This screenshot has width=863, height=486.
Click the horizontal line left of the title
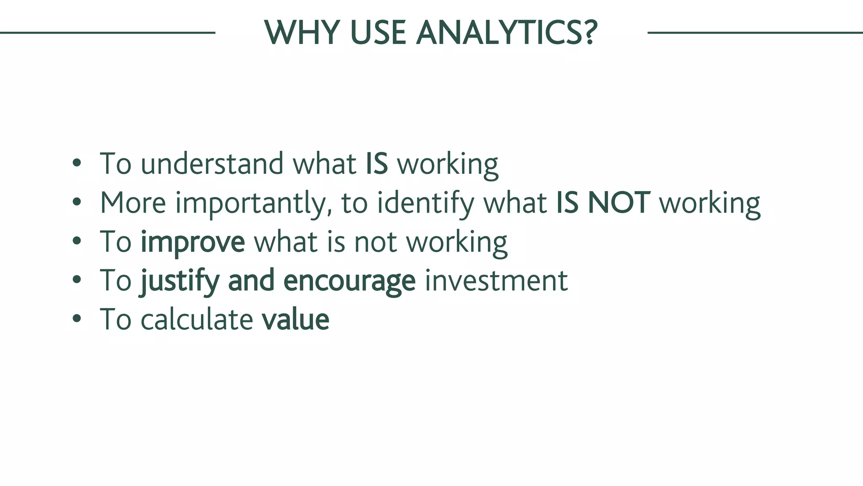tap(107, 32)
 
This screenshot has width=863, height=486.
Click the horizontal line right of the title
tap(755, 32)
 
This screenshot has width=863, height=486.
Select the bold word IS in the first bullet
tap(376, 164)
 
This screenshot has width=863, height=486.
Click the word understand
tap(212, 164)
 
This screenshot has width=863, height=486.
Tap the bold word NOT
tap(619, 203)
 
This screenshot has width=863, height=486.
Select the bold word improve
tap(193, 242)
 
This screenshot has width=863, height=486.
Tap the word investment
tap(496, 281)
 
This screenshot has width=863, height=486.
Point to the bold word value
tap(295, 319)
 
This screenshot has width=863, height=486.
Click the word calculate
tap(196, 319)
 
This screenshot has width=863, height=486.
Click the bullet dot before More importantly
tap(76, 202)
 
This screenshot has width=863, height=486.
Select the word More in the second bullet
tap(133, 203)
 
